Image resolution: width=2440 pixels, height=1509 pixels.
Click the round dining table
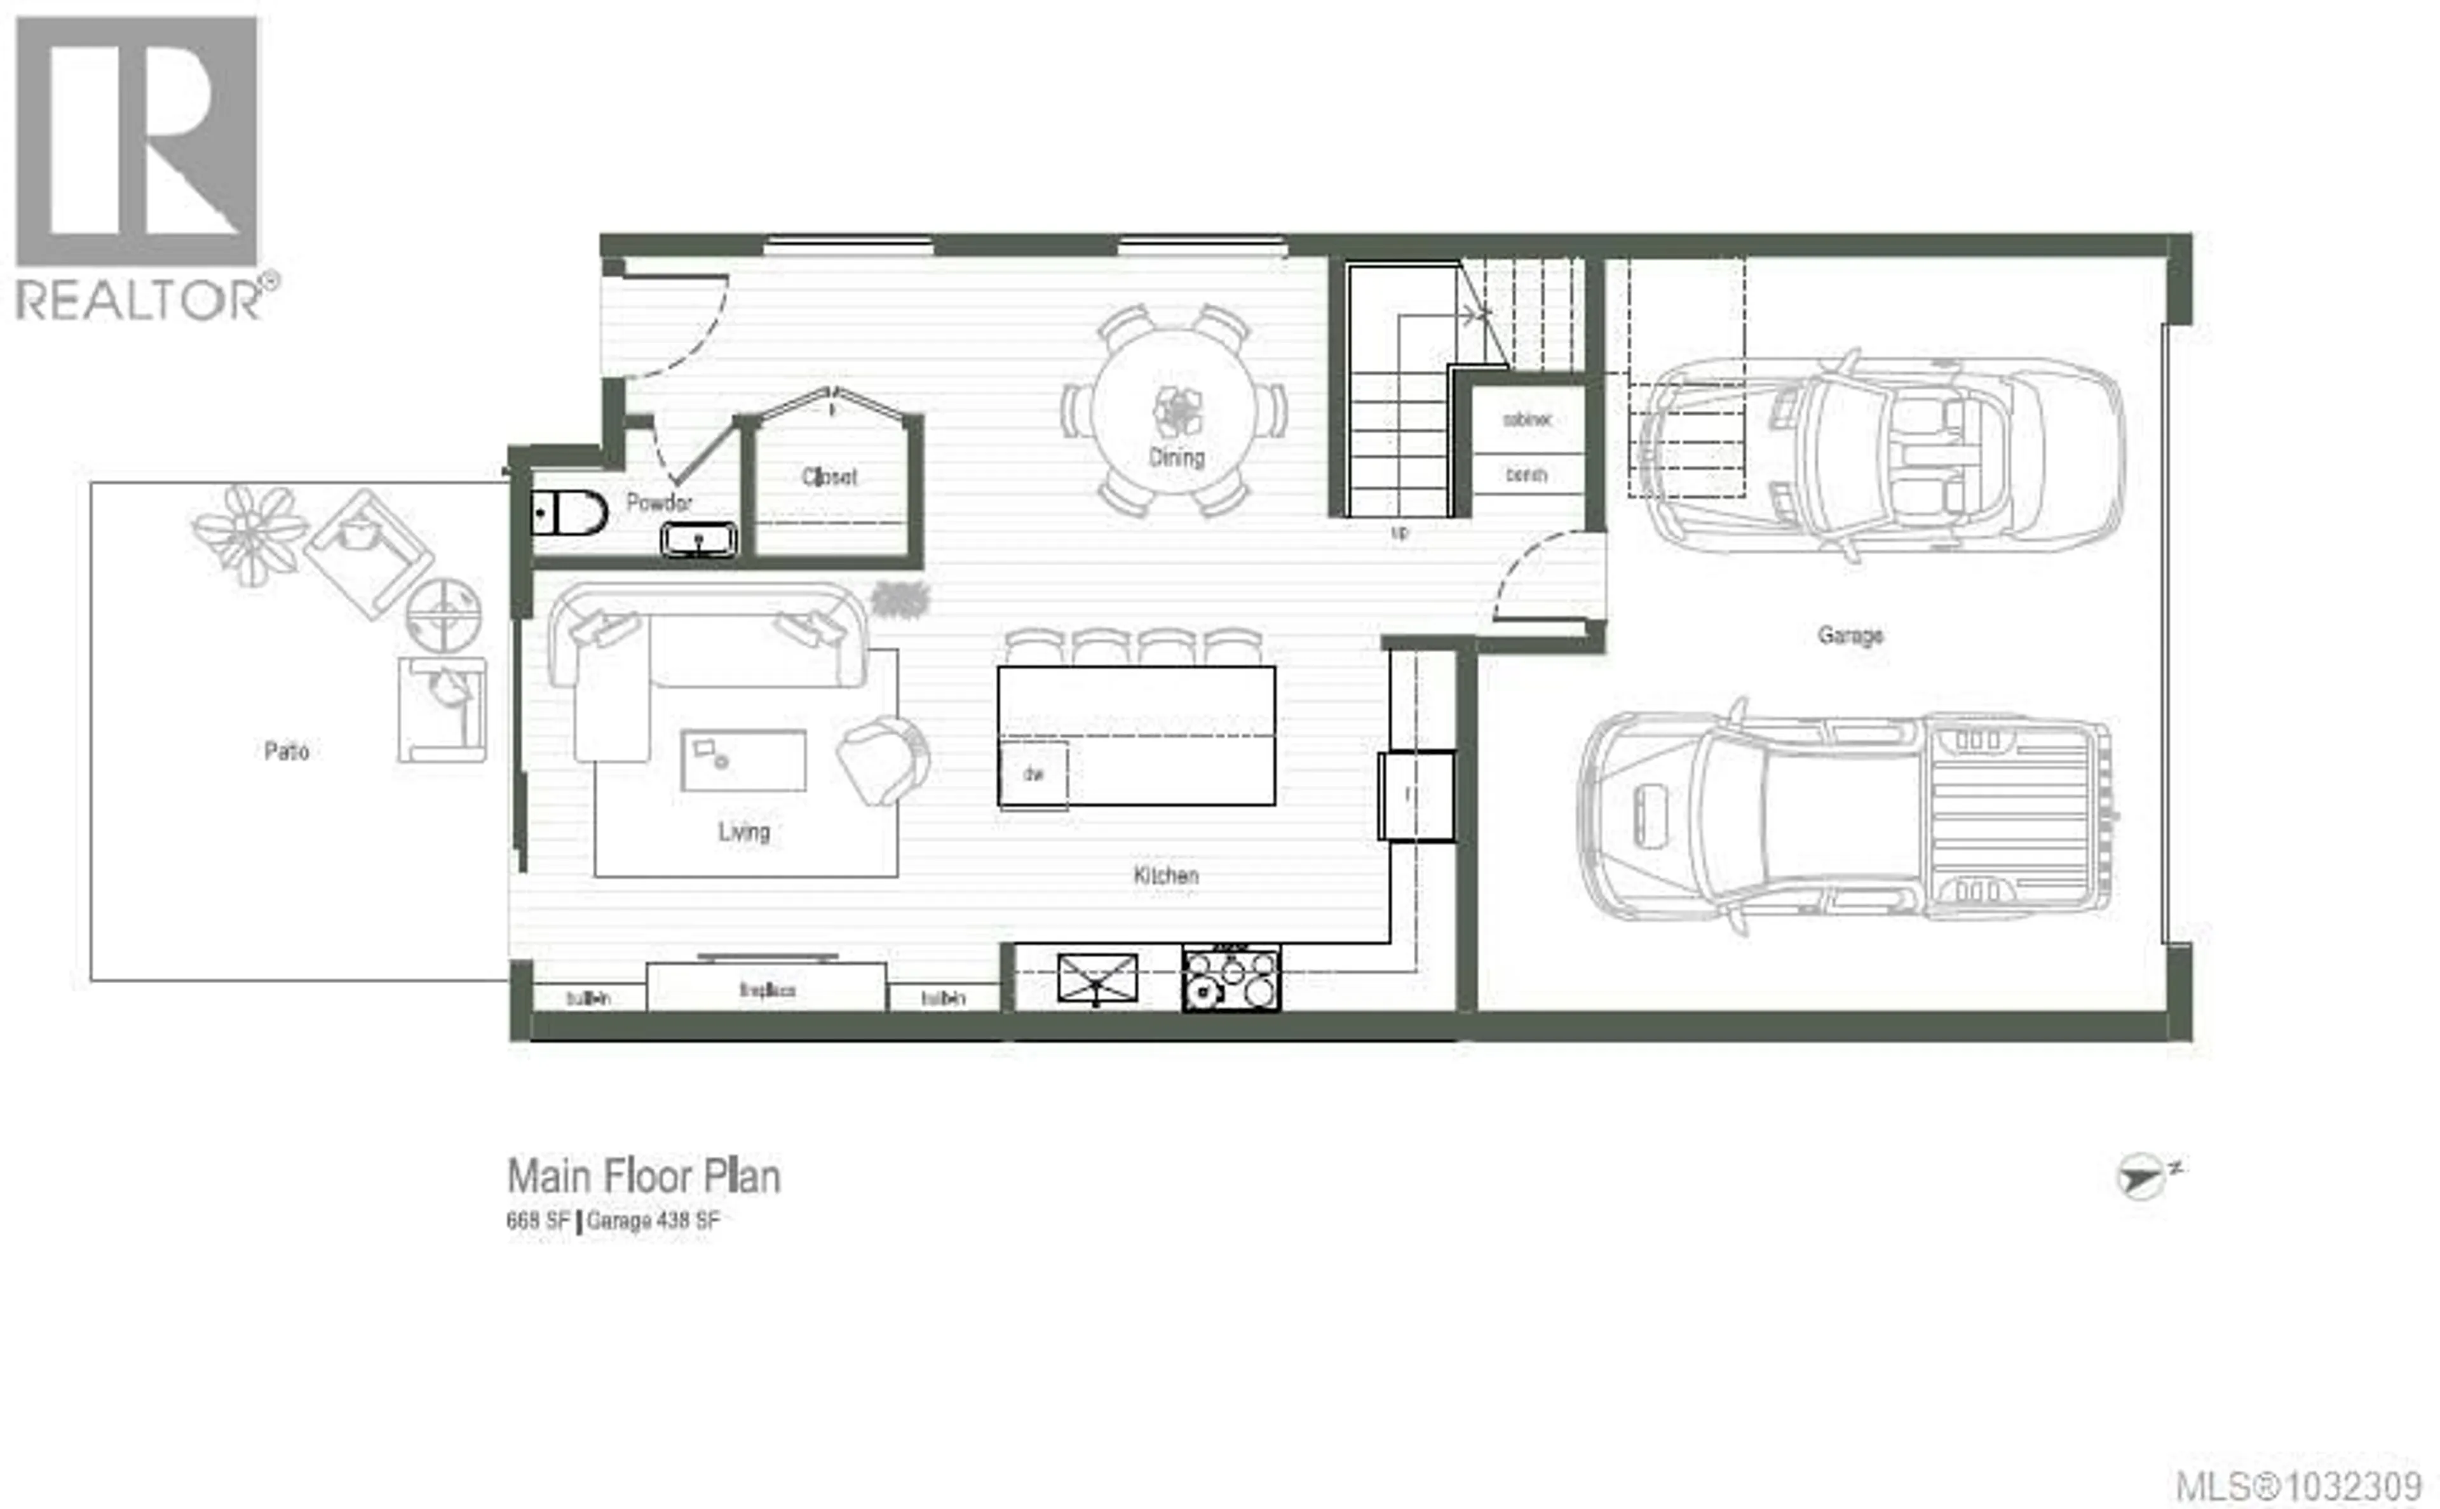1174,409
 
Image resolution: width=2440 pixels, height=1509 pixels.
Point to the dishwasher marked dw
1033,774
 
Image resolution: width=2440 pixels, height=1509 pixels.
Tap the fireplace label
767,990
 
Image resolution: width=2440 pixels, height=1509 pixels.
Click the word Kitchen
1165,875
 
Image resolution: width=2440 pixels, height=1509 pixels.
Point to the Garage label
1850,634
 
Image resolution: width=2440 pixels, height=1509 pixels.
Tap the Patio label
287,751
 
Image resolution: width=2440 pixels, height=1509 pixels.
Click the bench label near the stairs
1526,475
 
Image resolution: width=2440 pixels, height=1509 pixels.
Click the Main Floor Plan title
644,1176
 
